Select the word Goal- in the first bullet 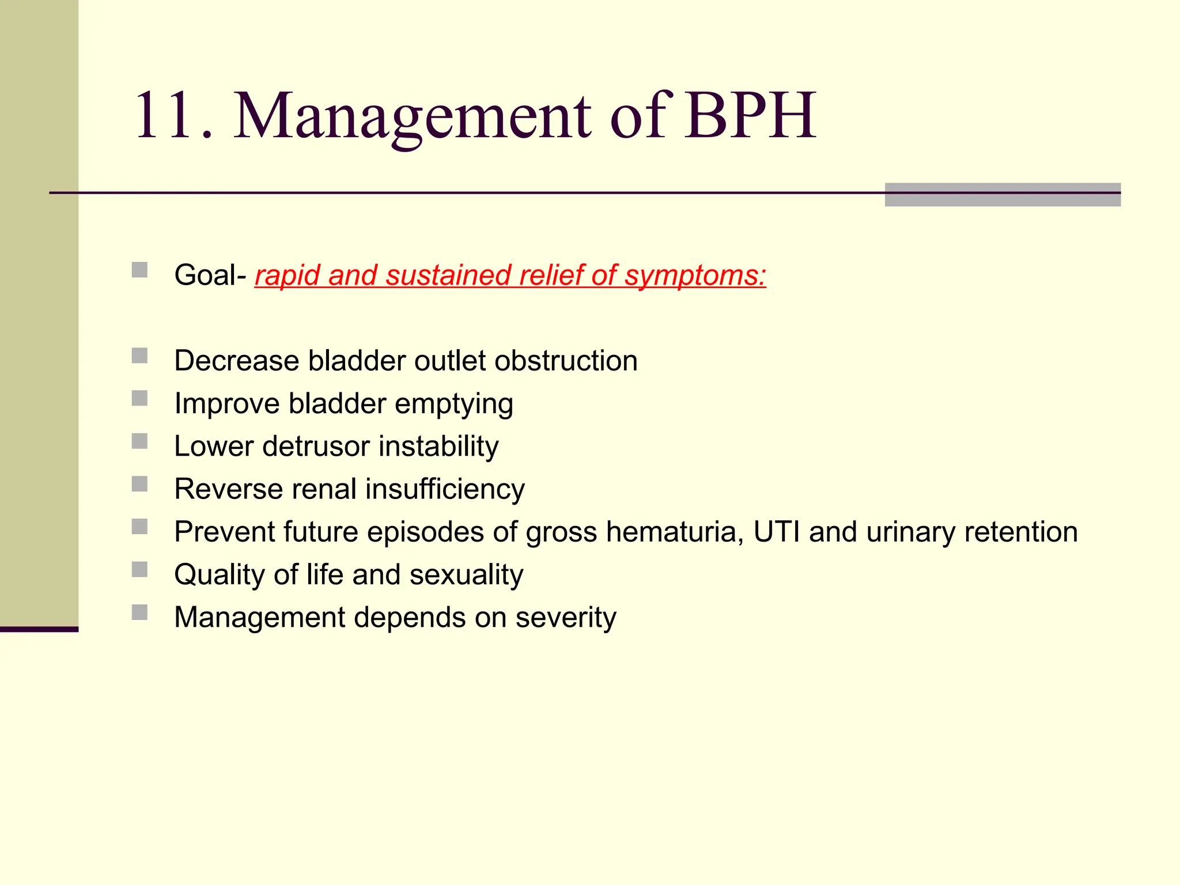pos(210,275)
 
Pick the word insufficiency pos(445,489)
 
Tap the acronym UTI pos(777,532)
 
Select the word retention pos(1020,532)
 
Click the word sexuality pos(466,575)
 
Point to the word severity pos(565,618)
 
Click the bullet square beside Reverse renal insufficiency pos(139,483)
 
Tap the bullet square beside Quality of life pos(139,569)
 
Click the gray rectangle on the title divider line pos(1002,194)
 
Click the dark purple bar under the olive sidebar pos(39,629)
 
